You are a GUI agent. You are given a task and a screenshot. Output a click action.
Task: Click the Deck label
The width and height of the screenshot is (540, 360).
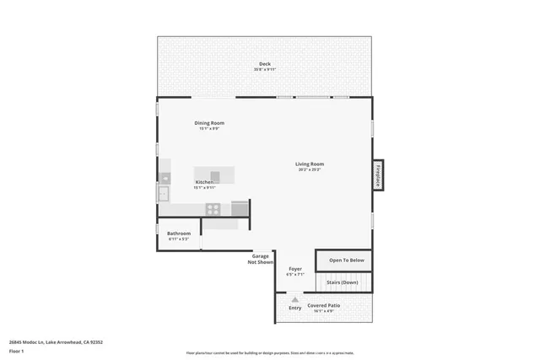pyautogui.click(x=264, y=64)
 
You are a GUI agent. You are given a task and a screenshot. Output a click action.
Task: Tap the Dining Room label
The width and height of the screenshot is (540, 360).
pyautogui.click(x=209, y=123)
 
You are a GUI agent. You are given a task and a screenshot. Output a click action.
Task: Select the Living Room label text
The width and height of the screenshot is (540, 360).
pyautogui.click(x=310, y=164)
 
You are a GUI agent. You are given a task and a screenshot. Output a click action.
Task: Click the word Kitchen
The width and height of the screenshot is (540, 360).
pyautogui.click(x=204, y=182)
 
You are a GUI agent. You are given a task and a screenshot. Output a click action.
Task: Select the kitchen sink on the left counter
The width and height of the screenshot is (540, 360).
pyautogui.click(x=164, y=194)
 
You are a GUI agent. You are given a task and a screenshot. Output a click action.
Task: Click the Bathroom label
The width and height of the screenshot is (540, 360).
pyautogui.click(x=179, y=234)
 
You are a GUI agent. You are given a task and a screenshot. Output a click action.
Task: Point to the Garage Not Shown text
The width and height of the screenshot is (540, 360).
pyautogui.click(x=261, y=259)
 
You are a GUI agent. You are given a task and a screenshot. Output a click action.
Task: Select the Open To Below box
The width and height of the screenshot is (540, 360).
pyautogui.click(x=346, y=261)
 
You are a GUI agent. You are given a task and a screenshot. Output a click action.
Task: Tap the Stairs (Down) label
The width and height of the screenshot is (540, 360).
pyautogui.click(x=343, y=282)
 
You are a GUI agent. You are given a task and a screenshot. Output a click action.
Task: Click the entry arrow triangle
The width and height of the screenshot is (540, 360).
pyautogui.click(x=294, y=298)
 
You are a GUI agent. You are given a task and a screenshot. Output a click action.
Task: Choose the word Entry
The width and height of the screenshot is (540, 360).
pyautogui.click(x=294, y=308)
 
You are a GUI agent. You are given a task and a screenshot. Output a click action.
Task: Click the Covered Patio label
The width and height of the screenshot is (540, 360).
pyautogui.click(x=325, y=305)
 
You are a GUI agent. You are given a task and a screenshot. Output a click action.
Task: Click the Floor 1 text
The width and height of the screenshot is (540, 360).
pyautogui.click(x=16, y=350)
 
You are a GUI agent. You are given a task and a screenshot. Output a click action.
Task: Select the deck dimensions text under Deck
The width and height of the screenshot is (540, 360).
pyautogui.click(x=264, y=70)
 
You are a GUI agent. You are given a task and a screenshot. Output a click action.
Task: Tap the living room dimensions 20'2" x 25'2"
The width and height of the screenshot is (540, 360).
pyautogui.click(x=310, y=169)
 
